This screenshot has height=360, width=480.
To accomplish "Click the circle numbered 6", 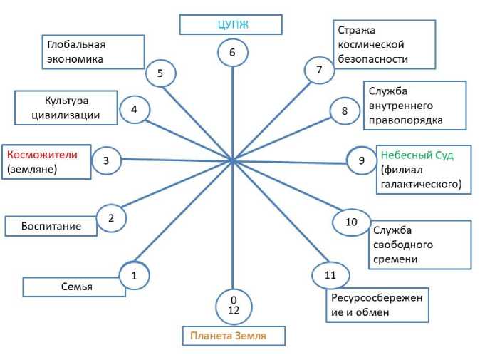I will (x=232, y=53).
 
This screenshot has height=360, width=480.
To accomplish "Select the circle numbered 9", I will (x=361, y=160).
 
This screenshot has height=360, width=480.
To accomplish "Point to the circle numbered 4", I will (x=134, y=110).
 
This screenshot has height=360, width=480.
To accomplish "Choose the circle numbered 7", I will (x=319, y=70).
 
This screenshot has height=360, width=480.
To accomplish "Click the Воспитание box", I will (x=53, y=226).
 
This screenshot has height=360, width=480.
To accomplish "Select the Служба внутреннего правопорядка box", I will (x=415, y=105).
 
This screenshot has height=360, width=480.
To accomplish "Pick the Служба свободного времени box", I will (x=420, y=245).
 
